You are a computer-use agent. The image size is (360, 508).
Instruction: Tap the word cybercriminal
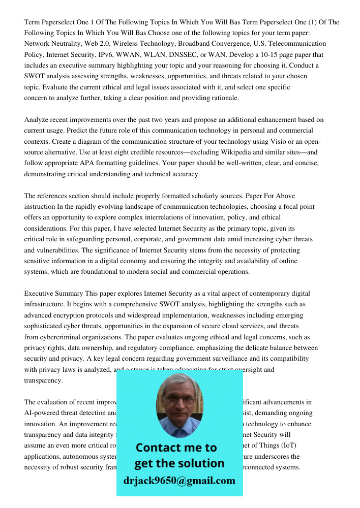65,337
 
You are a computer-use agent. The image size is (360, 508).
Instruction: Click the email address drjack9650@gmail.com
179,481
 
